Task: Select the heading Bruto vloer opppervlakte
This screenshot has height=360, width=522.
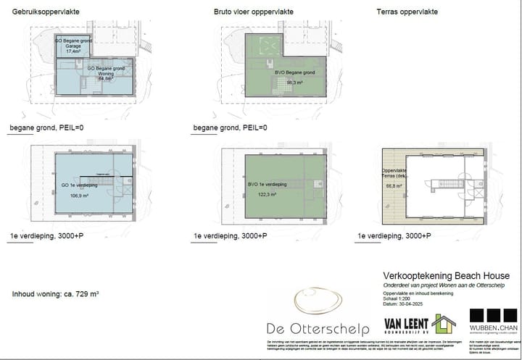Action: [253, 12]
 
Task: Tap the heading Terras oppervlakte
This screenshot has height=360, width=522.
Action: [407, 12]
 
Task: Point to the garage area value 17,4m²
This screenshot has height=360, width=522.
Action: [73, 52]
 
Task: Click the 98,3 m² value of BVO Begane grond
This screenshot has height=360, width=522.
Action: [285, 82]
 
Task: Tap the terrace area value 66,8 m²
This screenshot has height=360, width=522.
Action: [392, 186]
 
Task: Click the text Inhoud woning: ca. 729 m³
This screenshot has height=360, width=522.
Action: [55, 295]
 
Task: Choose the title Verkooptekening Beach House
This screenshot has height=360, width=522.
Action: [446, 276]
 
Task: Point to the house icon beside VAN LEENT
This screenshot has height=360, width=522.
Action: [443, 324]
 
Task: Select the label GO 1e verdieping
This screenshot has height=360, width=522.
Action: [75, 185]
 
